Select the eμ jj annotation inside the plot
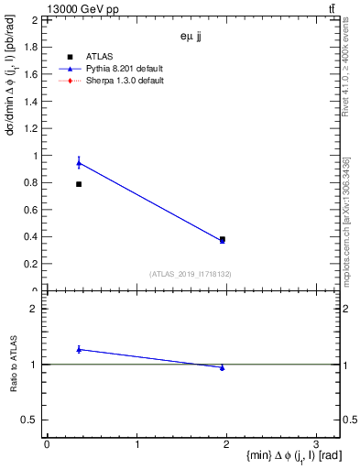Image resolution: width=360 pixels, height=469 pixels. tap(191, 38)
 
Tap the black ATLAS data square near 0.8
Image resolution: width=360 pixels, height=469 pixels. tap(79, 184)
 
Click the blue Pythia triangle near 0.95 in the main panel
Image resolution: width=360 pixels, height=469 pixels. tap(79, 163)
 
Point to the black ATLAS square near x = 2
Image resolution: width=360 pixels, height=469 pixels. tap(223, 239)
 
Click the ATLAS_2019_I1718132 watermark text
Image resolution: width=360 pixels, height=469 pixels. tap(191, 273)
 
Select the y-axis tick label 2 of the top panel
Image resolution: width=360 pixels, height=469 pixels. tap(36, 20)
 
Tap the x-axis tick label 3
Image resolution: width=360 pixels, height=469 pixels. tap(315, 444)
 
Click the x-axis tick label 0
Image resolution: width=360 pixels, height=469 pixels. tap(46, 444)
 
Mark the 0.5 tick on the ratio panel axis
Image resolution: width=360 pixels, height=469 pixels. tap(32, 420)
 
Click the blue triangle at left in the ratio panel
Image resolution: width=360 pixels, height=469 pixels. tap(79, 349)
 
